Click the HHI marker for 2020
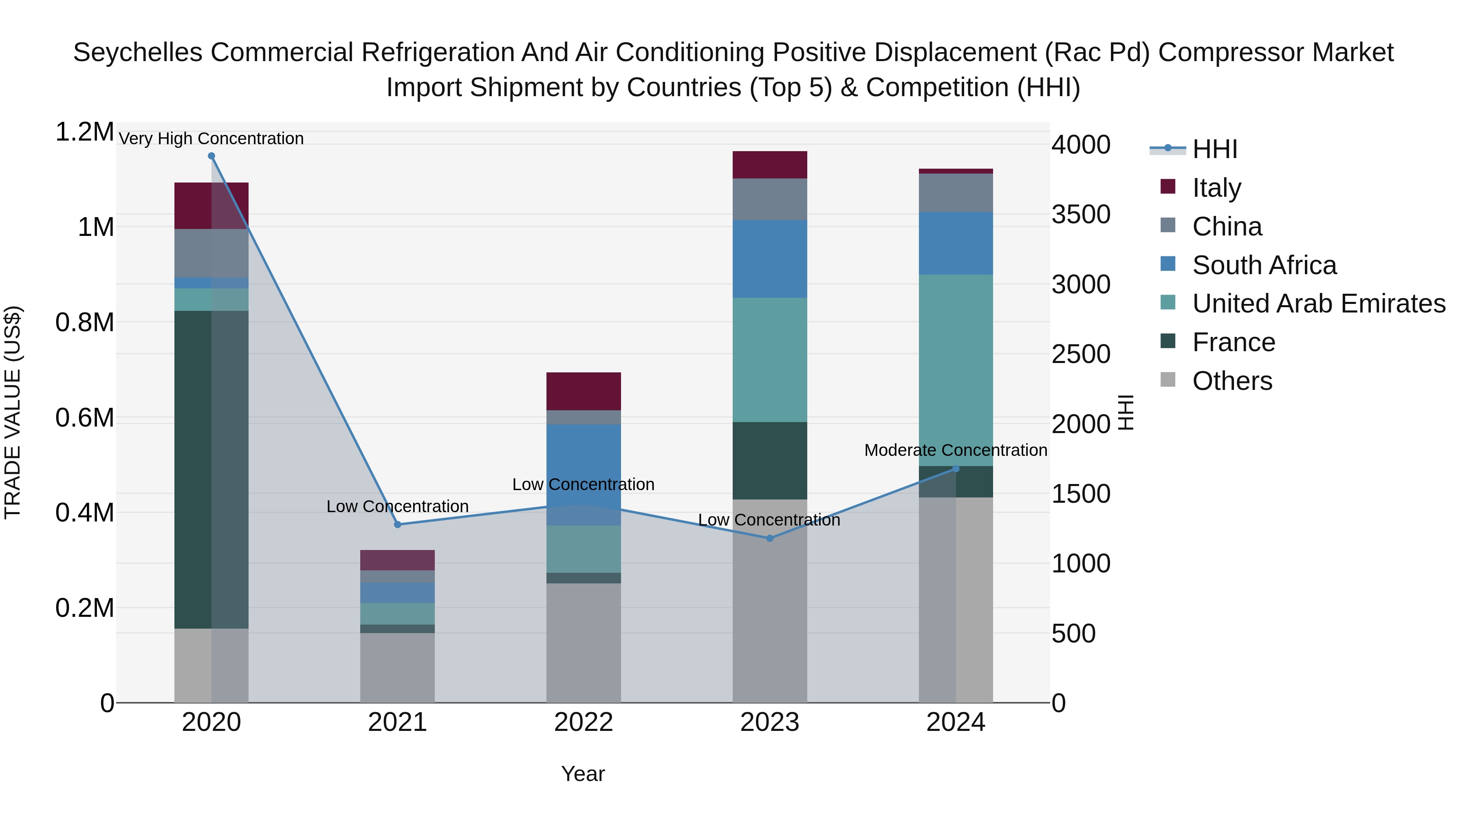pos(211,156)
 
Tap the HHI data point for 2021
pos(397,524)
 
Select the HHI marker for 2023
pos(769,538)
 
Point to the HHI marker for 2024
pos(956,469)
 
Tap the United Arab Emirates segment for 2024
pos(956,370)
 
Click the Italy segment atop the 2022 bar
pos(583,391)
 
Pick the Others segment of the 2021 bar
pos(397,667)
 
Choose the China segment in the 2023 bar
pos(769,199)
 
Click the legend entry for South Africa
pos(1264,265)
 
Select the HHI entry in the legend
pos(1214,149)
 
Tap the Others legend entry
pos(1232,381)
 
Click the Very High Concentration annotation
pos(211,139)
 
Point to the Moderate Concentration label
pos(956,450)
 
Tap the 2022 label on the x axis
pos(583,722)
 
